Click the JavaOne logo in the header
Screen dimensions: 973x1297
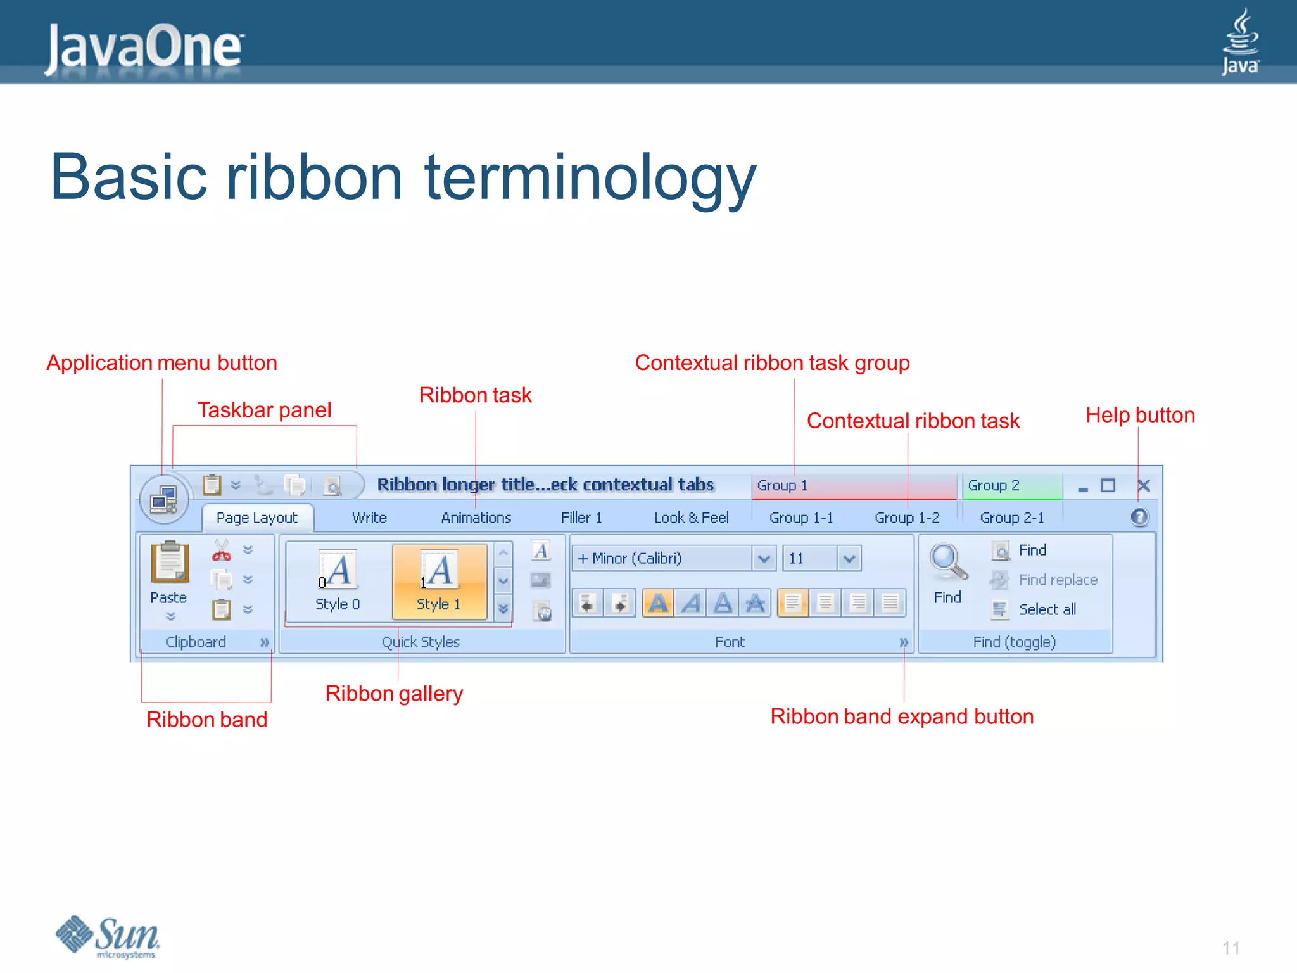click(x=144, y=47)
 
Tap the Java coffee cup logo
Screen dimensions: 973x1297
click(x=1240, y=42)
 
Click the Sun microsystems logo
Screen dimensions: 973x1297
click(x=108, y=936)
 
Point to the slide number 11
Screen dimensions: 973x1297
click(x=1231, y=948)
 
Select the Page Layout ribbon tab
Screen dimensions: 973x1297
click(x=256, y=518)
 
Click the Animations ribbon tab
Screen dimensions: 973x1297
click(x=476, y=518)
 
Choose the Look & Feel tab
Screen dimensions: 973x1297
click(x=691, y=518)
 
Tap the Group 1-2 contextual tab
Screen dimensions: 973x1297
click(x=907, y=518)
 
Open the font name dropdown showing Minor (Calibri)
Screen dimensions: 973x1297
click(x=764, y=559)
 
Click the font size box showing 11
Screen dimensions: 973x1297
click(x=809, y=559)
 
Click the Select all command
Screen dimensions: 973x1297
click(x=1046, y=609)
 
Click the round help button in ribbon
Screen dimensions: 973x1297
click(x=1139, y=518)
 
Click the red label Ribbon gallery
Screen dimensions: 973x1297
click(x=394, y=694)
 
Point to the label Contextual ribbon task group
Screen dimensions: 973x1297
click(x=772, y=363)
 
